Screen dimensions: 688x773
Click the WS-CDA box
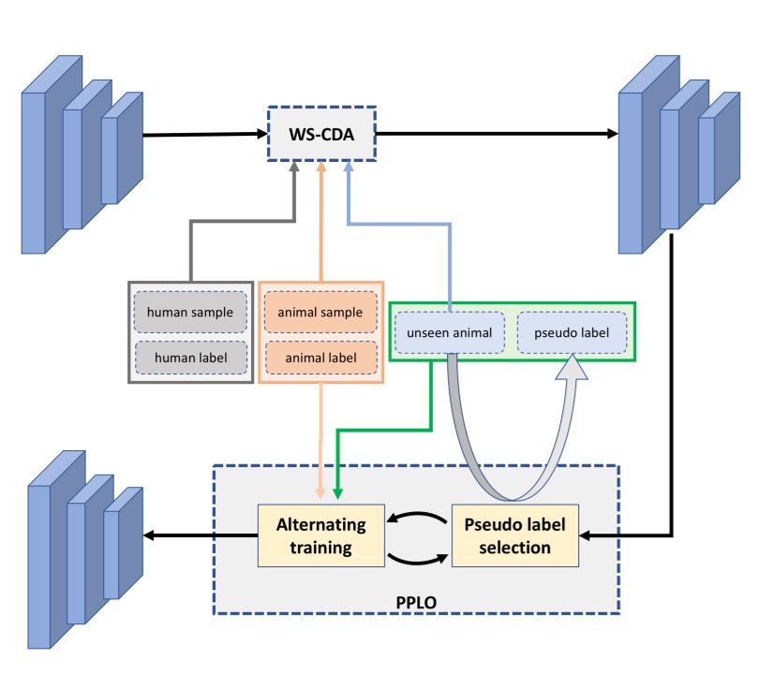[x=321, y=134]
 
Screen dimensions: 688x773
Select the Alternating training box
[x=322, y=536]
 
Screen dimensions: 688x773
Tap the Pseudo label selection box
[x=516, y=536]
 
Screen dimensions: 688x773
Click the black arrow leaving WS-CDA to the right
[x=497, y=133]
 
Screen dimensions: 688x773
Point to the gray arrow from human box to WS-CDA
[x=244, y=222]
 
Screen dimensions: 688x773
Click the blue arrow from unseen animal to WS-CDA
[x=398, y=224]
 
